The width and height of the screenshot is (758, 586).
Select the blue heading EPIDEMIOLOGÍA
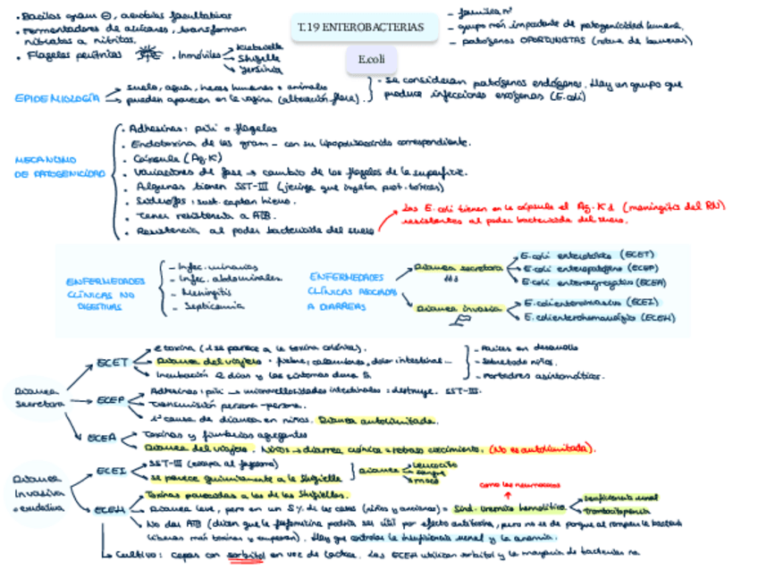(57, 98)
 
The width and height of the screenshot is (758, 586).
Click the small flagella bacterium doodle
(145, 57)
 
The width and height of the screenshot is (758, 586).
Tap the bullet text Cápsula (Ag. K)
(171, 158)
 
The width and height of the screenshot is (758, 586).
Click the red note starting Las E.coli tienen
(563, 212)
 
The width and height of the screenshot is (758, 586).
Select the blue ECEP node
(111, 400)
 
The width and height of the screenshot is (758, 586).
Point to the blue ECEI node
(111, 471)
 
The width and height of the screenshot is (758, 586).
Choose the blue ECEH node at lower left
(112, 509)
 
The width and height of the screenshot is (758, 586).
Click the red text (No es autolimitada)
(542, 448)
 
